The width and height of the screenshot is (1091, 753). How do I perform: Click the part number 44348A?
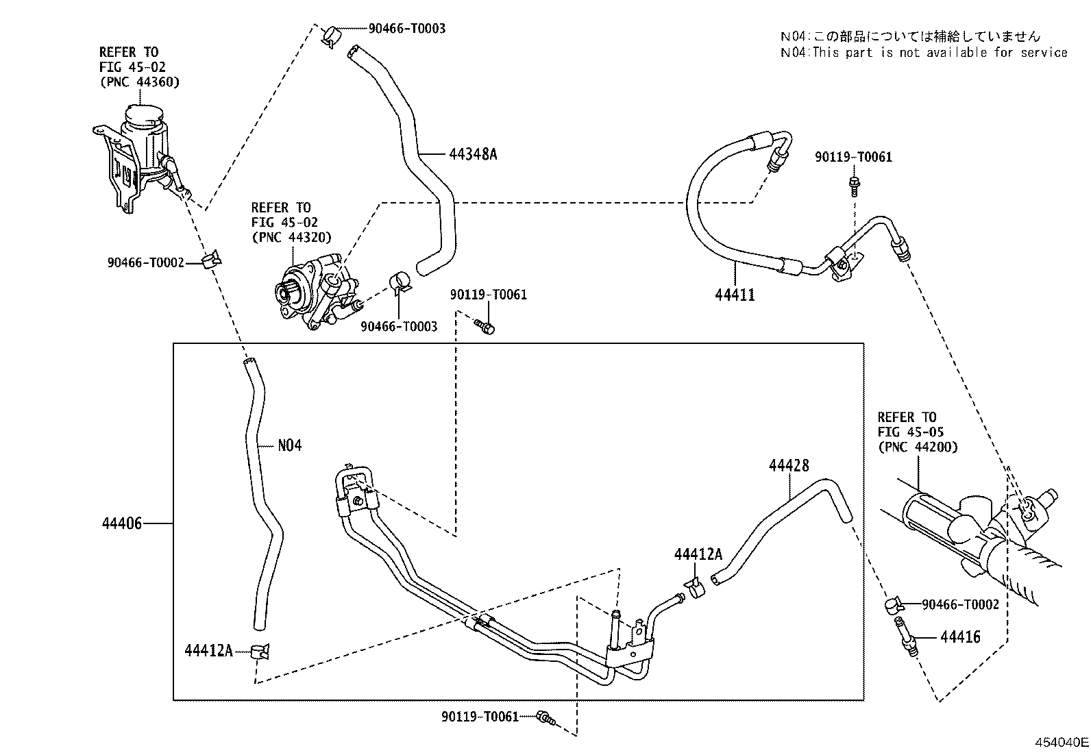[x=472, y=154]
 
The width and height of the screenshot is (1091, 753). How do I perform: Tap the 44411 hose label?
[x=735, y=295]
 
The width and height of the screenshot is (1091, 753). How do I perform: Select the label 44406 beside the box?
[x=122, y=523]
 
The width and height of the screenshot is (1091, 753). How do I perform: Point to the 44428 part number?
[x=789, y=466]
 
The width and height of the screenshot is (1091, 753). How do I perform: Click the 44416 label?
[x=960, y=637]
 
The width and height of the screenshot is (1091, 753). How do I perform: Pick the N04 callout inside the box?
[x=290, y=445]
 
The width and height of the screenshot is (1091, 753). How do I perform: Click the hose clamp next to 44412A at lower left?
[x=260, y=651]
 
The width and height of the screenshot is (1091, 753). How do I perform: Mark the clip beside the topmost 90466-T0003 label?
[x=331, y=35]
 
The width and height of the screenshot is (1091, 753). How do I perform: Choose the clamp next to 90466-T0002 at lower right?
[x=894, y=606]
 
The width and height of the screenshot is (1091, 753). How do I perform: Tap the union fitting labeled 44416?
[x=906, y=637]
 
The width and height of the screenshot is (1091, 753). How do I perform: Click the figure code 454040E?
[x=1062, y=743]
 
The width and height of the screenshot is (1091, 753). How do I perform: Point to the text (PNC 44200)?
[x=918, y=447]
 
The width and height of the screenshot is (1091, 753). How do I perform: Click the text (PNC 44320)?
[x=291, y=237]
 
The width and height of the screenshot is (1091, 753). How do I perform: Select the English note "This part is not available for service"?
[x=940, y=53]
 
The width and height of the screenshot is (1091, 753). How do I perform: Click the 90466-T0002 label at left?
[x=146, y=263]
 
